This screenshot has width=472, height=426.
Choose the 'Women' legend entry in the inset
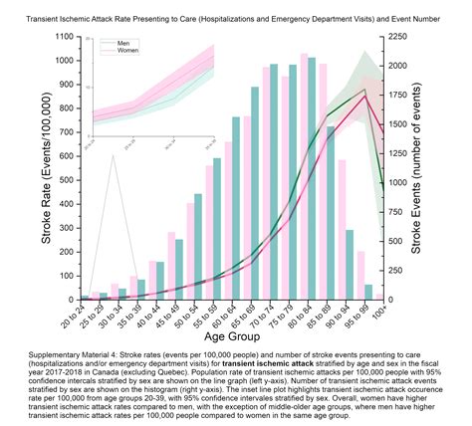[x=125, y=51]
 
